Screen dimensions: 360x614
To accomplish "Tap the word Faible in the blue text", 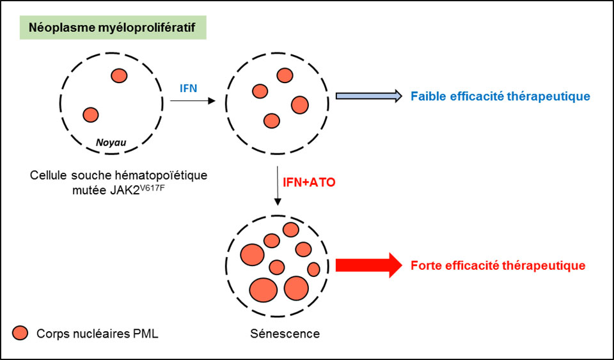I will (429, 97).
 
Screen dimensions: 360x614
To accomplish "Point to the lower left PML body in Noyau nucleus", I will (91, 115).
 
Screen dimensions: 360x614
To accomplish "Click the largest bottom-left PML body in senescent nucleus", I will (264, 290).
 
